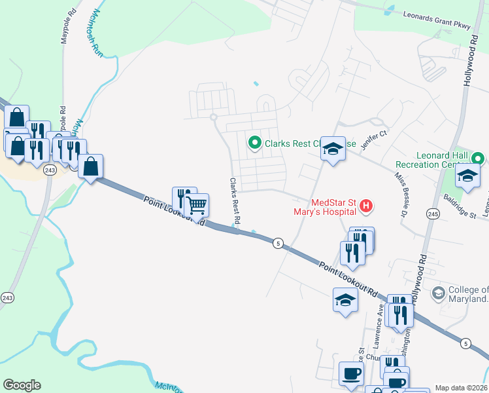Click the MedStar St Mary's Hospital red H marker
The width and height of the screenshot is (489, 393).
click(366, 207)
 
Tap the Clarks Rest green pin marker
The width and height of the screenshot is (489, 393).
click(254, 141)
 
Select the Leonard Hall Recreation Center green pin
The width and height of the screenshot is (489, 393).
click(479, 159)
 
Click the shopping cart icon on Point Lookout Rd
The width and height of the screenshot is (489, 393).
click(197, 206)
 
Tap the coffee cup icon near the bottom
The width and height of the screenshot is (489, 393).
click(352, 373)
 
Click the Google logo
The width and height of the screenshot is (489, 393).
click(22, 385)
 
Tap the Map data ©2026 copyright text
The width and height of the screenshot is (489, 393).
click(461, 388)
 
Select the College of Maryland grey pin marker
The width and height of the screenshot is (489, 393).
click(438, 291)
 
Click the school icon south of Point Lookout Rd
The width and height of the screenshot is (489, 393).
click(345, 300)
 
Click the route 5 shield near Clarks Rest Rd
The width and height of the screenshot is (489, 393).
click(278, 242)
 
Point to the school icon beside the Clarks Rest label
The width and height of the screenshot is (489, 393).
click(332, 149)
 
